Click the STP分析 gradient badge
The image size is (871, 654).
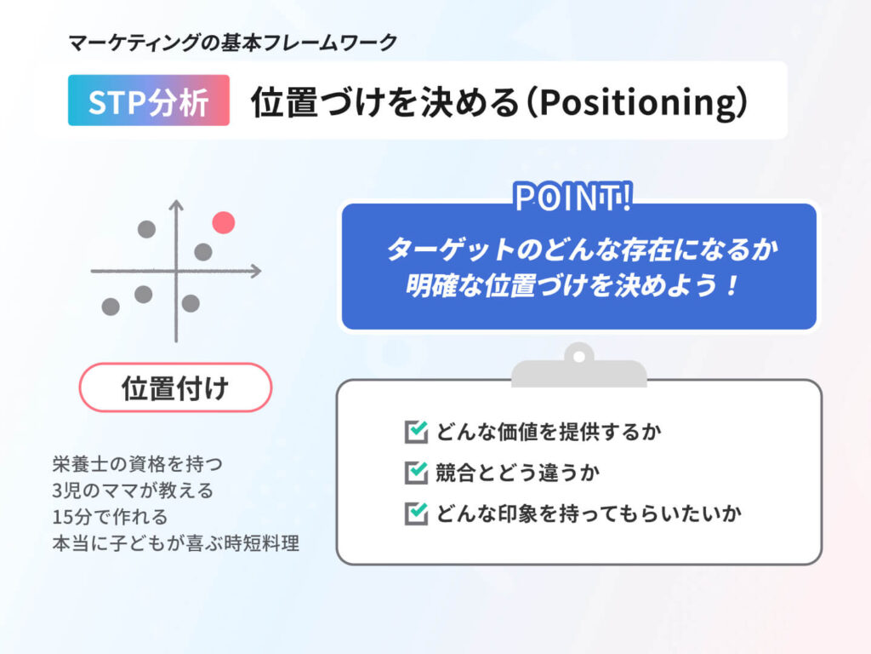click(149, 100)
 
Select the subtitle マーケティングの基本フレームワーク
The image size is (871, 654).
click(233, 43)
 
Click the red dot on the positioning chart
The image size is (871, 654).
click(224, 222)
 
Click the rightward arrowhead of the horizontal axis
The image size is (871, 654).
click(255, 272)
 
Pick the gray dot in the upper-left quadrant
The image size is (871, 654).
click(146, 229)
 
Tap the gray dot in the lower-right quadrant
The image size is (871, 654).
click(191, 304)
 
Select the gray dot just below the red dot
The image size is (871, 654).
click(203, 252)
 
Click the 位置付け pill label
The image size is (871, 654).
click(175, 387)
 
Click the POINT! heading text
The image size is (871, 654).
click(572, 198)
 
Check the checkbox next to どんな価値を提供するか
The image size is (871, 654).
click(416, 432)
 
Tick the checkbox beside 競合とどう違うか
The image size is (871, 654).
click(416, 473)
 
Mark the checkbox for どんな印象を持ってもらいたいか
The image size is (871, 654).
click(416, 513)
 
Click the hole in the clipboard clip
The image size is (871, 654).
click(578, 357)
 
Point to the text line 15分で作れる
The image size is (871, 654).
click(110, 517)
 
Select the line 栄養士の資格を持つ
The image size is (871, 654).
click(137, 464)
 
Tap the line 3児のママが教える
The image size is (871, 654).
click(133, 490)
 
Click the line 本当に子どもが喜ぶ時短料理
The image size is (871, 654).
click(175, 543)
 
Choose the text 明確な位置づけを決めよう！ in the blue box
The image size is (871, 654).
click(572, 286)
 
